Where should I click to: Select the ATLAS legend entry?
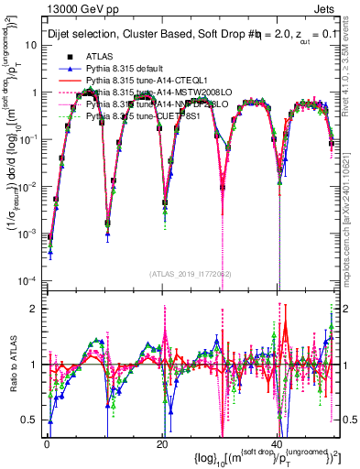tap(101, 56)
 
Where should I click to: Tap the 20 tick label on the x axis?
tap(162, 442)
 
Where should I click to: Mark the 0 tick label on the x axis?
tap(47, 442)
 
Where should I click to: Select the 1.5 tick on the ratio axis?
tap(30, 335)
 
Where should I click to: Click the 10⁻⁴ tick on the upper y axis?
tap(27, 279)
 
